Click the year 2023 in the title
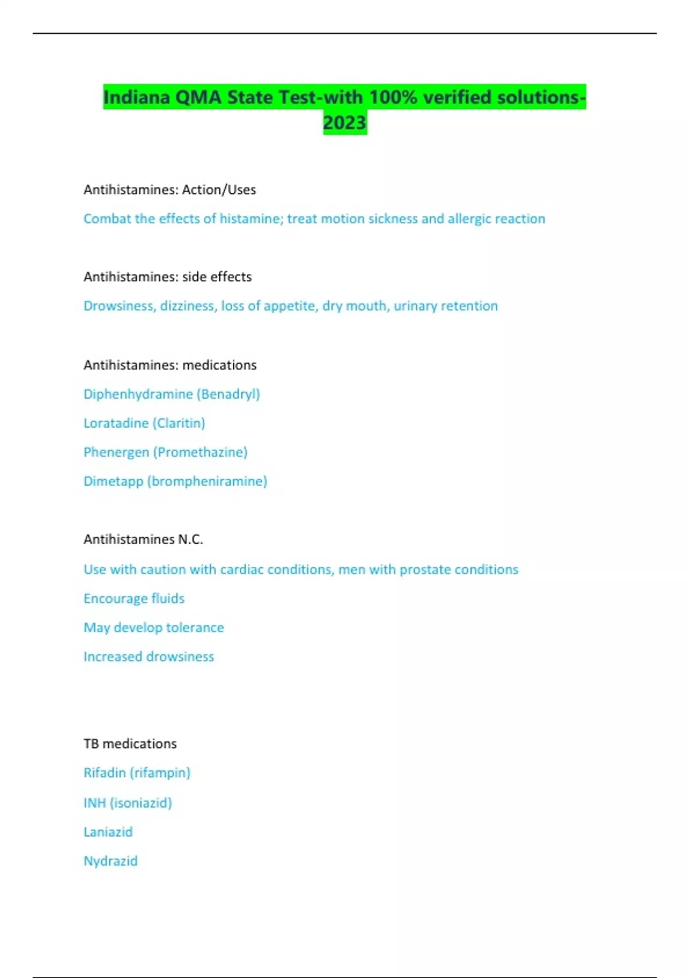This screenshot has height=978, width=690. [344, 123]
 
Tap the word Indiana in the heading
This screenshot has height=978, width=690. [137, 97]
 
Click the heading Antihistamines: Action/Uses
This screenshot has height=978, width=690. [170, 189]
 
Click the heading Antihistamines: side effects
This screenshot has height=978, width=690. [167, 277]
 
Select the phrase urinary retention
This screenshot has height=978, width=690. [446, 305]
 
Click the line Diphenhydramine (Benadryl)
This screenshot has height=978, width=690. [171, 394]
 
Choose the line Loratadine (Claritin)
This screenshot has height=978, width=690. [144, 423]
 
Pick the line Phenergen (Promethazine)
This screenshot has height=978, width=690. [166, 452]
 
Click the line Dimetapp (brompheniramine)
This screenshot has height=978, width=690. [175, 481]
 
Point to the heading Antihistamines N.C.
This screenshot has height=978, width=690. [143, 539]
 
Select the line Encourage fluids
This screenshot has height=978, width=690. [134, 598]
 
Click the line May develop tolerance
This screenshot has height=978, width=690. [154, 627]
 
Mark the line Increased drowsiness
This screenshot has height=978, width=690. [148, 656]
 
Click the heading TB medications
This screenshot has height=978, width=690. [130, 743]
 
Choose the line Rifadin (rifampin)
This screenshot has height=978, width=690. [137, 773]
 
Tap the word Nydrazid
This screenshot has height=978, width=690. [110, 861]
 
